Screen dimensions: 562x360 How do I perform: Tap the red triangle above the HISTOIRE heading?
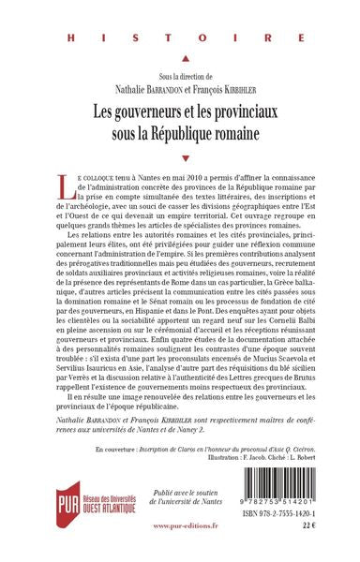pyautogui.click(x=181, y=12)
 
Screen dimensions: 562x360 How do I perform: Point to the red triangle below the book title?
pyautogui.click(x=181, y=158)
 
